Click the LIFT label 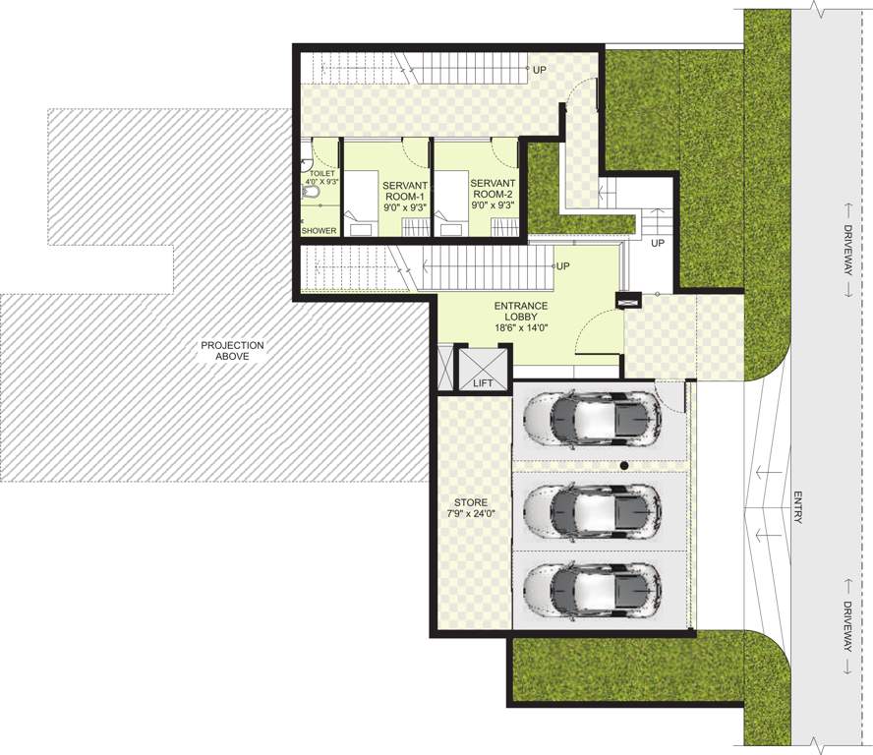(482, 383)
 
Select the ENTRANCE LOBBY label (529, 318)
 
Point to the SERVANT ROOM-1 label (378, 193)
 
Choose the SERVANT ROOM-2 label (495, 193)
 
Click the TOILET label (322, 177)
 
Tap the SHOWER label (320, 231)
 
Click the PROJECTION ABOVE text (232, 351)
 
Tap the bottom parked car (591, 591)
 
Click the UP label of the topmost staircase (540, 70)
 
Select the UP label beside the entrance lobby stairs (563, 266)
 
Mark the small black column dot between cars (623, 465)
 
